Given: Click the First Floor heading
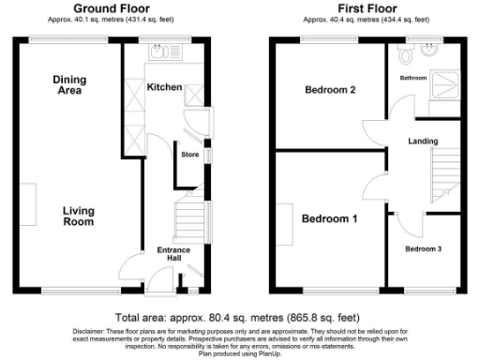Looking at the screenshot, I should pyautogui.click(x=365, y=8).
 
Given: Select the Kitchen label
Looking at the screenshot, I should pyautogui.click(x=164, y=87).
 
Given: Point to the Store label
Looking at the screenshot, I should pyautogui.click(x=190, y=154).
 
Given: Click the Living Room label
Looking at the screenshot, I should pyautogui.click(x=78, y=216).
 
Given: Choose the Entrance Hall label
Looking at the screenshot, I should pyautogui.click(x=173, y=255).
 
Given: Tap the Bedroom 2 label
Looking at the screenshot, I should pyautogui.click(x=330, y=91).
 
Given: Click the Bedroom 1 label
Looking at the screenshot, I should pyautogui.click(x=328, y=218).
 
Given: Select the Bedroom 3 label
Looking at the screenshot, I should pyautogui.click(x=422, y=249).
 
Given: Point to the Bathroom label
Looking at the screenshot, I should pyautogui.click(x=413, y=78).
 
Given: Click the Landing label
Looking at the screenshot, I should pyautogui.click(x=422, y=142).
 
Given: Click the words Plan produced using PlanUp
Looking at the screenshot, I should pyautogui.click(x=239, y=353).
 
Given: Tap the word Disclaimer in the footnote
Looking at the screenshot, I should pyautogui.click(x=91, y=331).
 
